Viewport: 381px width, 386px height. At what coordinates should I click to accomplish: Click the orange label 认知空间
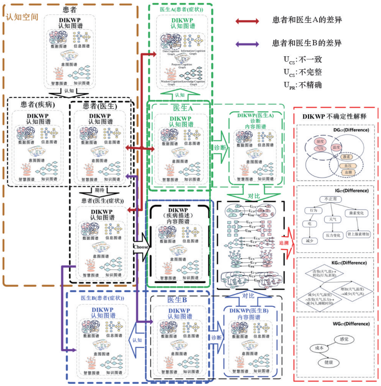point(22,17)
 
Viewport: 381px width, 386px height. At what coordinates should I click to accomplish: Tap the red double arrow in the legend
point(247,21)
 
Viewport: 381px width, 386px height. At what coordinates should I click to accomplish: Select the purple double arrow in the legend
point(247,44)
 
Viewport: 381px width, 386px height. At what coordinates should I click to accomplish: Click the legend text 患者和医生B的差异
point(307,43)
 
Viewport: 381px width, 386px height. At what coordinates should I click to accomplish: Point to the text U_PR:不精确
point(303,85)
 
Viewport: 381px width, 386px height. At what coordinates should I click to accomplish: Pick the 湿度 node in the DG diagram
point(320,141)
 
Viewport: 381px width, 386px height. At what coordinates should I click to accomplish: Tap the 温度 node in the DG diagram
point(336,147)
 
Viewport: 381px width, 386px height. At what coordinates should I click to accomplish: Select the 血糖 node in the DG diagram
point(348,172)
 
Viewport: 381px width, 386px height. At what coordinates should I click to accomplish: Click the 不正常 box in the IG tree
point(330,199)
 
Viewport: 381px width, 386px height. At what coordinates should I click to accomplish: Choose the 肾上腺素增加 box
point(358,234)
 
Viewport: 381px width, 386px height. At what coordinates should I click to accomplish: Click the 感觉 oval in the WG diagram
point(344,339)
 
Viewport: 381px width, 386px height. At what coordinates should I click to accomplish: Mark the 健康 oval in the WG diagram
point(328,362)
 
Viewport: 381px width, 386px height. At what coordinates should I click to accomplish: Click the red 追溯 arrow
point(287,243)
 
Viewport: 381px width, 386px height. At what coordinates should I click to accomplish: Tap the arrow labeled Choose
point(141,247)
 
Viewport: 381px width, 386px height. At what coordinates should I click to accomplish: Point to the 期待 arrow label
point(99,190)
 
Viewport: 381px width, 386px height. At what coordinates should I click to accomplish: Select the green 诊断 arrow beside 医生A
point(221,147)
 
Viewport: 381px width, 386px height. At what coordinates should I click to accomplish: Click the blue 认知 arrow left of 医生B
point(137,340)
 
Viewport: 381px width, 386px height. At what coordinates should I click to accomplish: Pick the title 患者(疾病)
point(38,104)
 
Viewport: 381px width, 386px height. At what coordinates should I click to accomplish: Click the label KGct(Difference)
point(349,263)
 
